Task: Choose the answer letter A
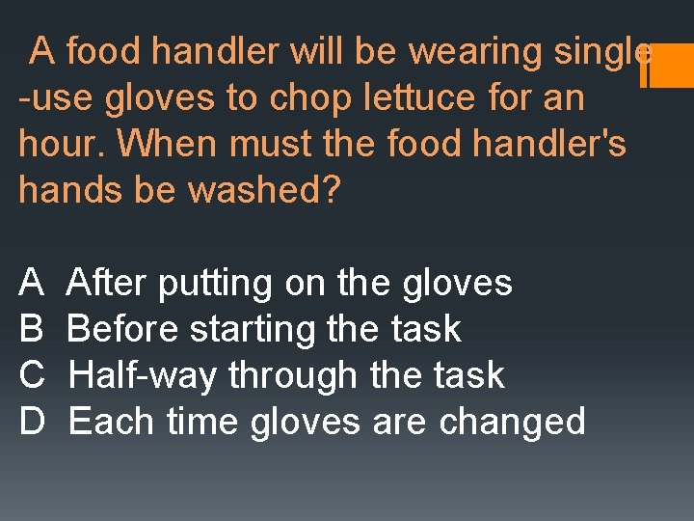click(31, 284)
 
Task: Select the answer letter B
click(31, 330)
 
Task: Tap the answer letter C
click(32, 375)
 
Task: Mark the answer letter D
click(32, 422)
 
